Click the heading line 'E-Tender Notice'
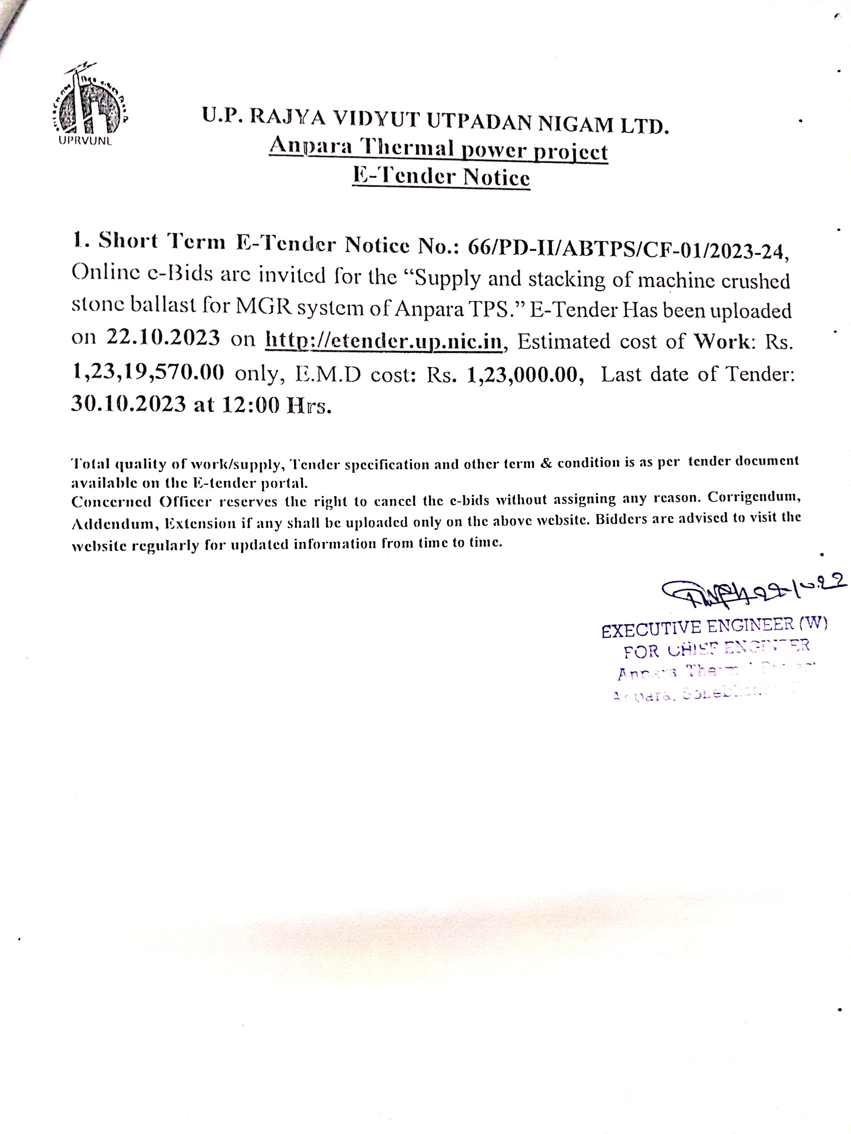click(441, 177)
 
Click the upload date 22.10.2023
click(163, 338)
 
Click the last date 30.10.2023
click(128, 404)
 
